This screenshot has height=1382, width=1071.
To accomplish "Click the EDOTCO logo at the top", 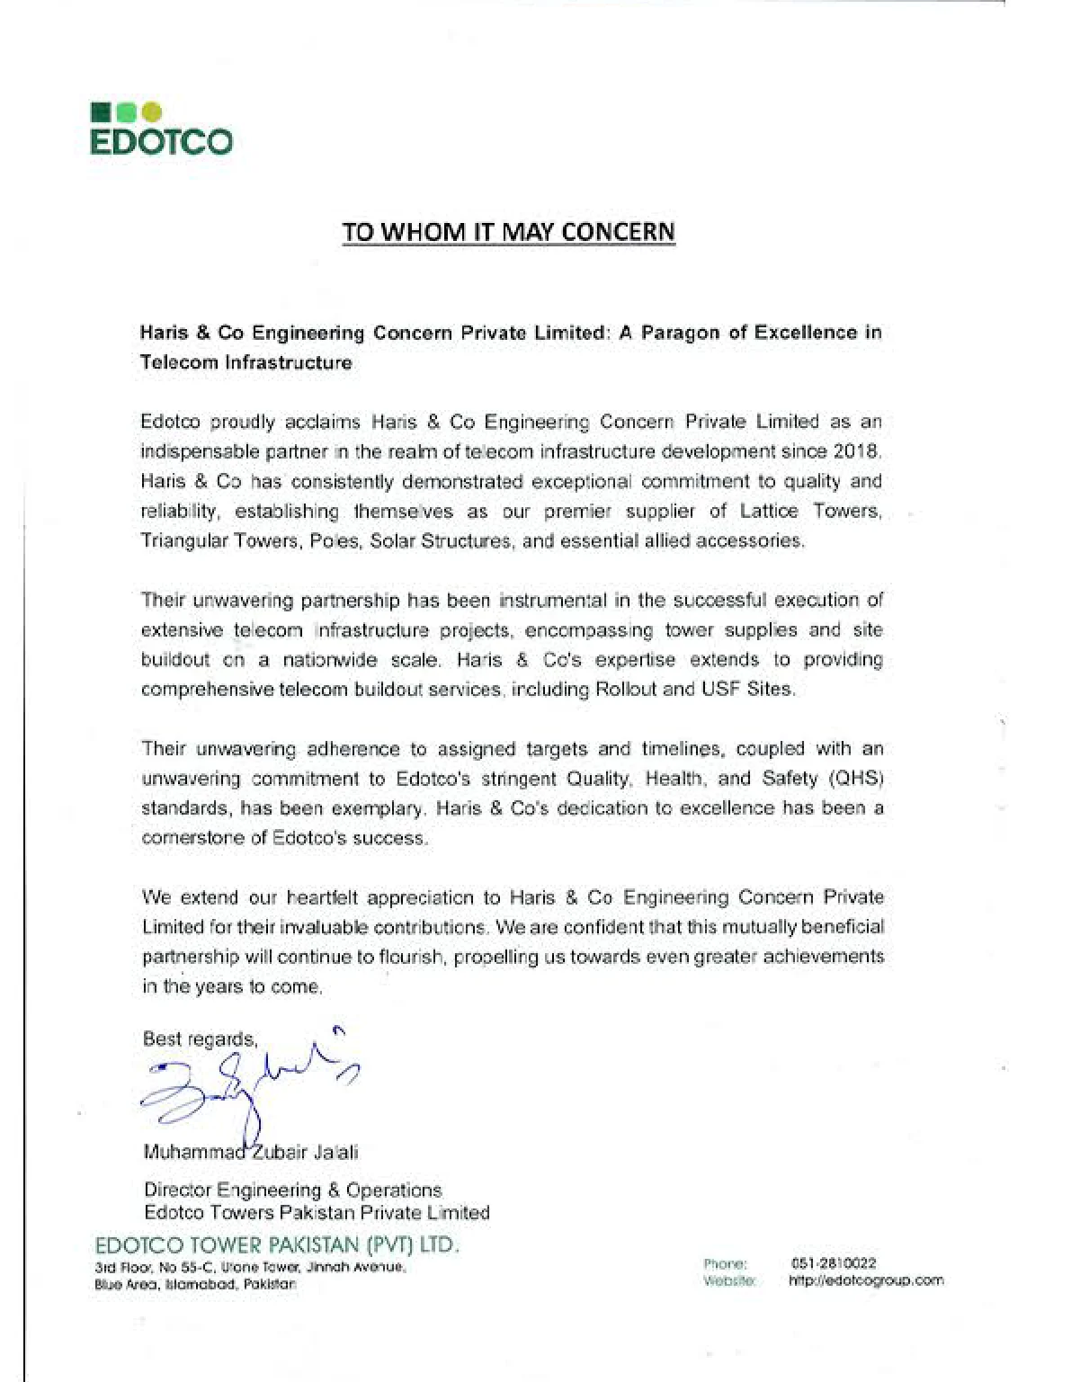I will click(162, 129).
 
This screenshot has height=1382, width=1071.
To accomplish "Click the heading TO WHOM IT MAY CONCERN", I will click(508, 232).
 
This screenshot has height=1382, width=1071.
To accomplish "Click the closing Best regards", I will click(200, 1039).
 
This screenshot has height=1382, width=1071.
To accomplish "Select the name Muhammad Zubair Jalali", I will click(251, 1152).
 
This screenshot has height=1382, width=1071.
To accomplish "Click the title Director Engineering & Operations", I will click(292, 1190).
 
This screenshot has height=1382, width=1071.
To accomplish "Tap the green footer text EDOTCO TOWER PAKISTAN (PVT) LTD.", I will click(277, 1246).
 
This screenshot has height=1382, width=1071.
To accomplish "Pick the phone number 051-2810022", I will click(833, 1262).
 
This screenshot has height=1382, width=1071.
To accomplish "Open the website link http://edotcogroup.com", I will click(866, 1280).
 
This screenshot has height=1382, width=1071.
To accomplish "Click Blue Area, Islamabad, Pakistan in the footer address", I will click(195, 1284).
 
